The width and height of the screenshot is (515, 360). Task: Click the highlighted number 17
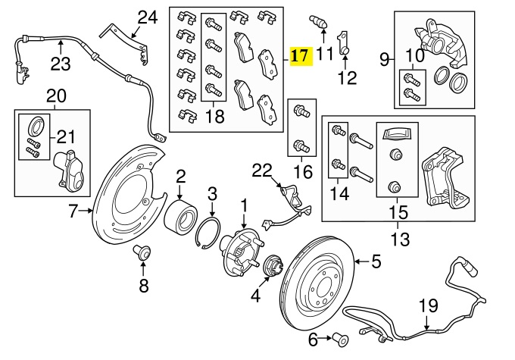point(300,56)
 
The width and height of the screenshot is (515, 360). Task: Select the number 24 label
point(148,17)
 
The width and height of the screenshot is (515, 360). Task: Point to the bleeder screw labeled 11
point(319,20)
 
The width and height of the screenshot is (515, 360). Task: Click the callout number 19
point(428,306)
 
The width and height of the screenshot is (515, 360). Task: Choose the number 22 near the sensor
point(261,173)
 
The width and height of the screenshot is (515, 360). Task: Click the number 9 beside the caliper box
point(384,58)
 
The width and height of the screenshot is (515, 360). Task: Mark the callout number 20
point(56,96)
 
